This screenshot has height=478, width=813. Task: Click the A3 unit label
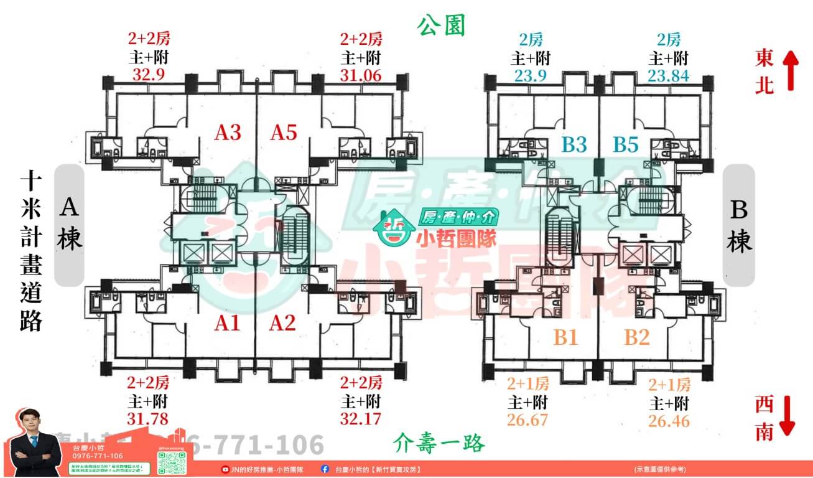coord(228,133)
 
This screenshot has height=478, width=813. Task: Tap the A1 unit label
coord(228,323)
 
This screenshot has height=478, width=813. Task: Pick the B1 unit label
coord(566,338)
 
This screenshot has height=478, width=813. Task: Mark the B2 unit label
coord(637,338)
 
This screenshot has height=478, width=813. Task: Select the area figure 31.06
coord(361,75)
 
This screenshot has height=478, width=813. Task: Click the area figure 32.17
coord(361,418)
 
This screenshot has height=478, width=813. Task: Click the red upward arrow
coord(790,69)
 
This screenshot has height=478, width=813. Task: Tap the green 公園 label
coord(441,26)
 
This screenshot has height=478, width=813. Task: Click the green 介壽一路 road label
coord(439,443)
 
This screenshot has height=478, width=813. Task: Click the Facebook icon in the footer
coord(325,469)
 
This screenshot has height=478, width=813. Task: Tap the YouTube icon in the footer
coord(225,469)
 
